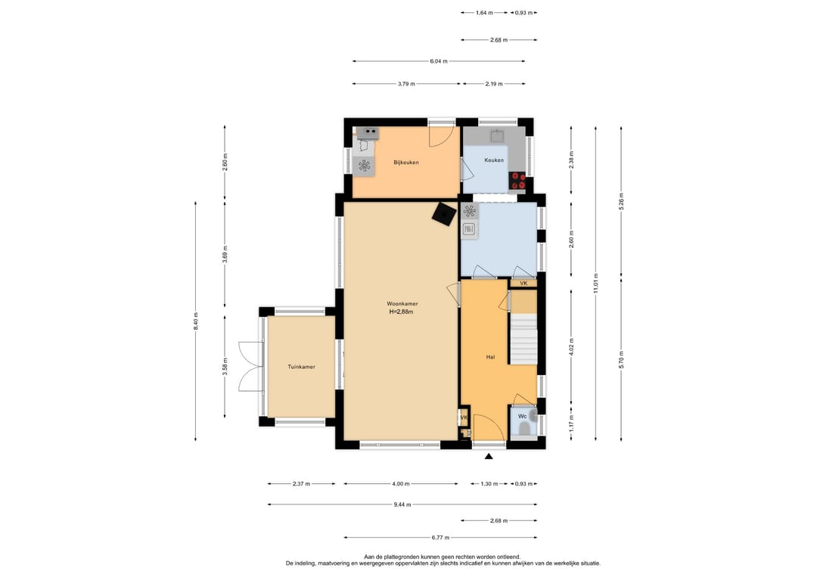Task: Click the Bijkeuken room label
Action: [x=406, y=163]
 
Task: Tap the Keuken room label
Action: [x=494, y=160]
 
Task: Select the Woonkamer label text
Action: [x=402, y=303]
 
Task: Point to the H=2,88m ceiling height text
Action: [x=401, y=312]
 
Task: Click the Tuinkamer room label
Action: [x=301, y=367]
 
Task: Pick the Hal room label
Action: [x=490, y=357]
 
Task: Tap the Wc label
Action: [x=522, y=416]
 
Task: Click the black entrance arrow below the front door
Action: [x=489, y=457]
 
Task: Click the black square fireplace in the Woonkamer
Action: [x=443, y=214]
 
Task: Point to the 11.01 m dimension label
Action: [x=595, y=284]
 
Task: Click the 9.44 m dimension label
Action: [x=402, y=504]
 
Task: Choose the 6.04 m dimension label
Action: [x=439, y=61]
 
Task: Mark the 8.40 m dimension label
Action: [x=195, y=321]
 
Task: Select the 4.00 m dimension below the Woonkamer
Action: [x=401, y=484]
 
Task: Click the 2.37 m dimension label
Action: [x=301, y=484]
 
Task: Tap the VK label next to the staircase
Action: [x=523, y=284]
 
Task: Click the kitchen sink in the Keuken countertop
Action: [x=496, y=136]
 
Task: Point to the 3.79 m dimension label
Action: [x=406, y=83]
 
